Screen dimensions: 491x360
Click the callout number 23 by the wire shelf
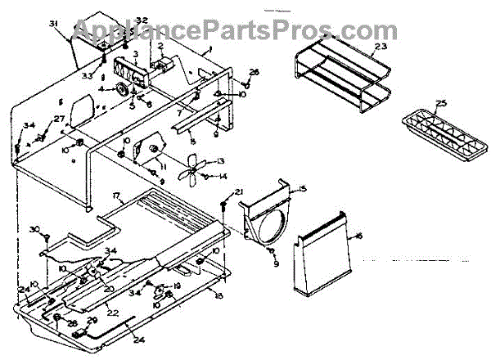(381, 47)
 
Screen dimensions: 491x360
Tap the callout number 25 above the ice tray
(441, 103)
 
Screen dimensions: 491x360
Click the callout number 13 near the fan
(219, 161)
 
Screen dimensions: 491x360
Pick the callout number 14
(223, 177)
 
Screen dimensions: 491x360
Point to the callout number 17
(117, 196)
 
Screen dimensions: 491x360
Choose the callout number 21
(239, 191)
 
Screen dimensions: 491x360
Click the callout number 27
(57, 119)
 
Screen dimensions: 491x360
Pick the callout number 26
(254, 73)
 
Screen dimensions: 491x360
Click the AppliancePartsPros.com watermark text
(245, 31)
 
